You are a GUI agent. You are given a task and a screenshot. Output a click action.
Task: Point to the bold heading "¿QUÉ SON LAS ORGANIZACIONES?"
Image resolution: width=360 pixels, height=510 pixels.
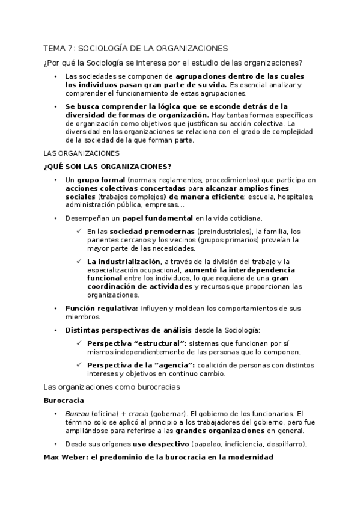108,166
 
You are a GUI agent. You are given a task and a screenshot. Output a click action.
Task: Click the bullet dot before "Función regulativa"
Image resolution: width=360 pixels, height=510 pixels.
55,309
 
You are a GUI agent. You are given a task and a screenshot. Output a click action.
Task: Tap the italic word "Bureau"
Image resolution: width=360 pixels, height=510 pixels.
76,414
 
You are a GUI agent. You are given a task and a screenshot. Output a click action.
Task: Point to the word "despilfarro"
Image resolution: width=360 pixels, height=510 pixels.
282,444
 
